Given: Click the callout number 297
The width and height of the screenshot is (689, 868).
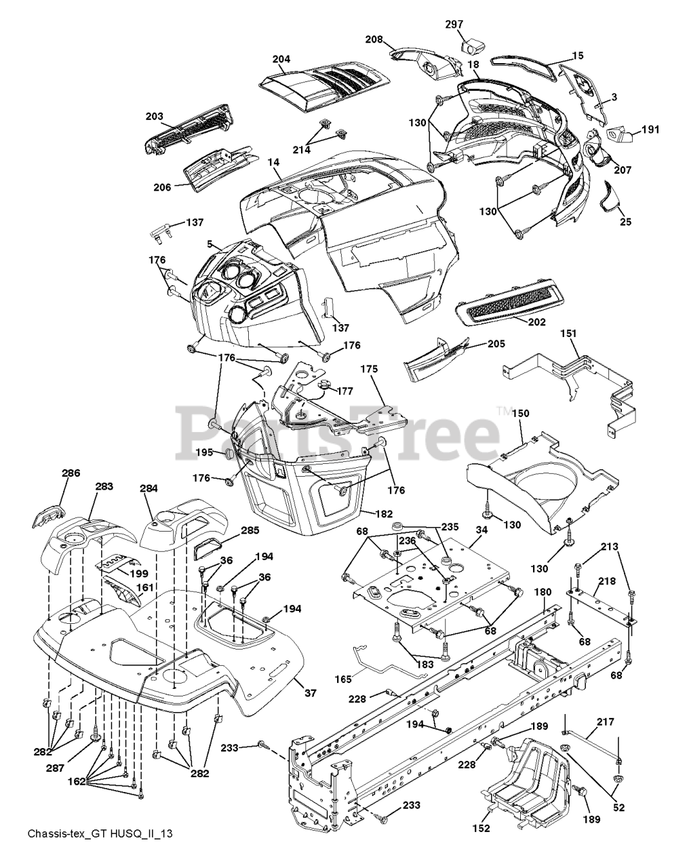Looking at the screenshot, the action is coord(454,24).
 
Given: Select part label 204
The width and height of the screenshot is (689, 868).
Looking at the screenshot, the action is coord(281,59).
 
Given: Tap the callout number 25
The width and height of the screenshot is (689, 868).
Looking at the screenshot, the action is coord(626,222).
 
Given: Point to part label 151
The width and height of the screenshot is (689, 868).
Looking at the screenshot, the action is coord(568,334).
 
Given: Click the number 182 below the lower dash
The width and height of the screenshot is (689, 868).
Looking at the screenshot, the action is coord(384,514).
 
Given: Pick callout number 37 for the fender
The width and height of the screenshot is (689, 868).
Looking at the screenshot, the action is coord(311,692).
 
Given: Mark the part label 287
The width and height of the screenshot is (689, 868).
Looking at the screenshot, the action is coord(55,768).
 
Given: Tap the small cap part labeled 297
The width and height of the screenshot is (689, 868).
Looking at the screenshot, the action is coord(472,45).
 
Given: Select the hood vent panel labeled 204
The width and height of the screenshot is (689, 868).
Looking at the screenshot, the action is coord(324,85).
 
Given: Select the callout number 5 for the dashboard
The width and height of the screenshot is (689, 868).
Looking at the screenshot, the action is coord(210,243).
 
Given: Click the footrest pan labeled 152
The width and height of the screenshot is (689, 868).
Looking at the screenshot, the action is coord(528,782).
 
